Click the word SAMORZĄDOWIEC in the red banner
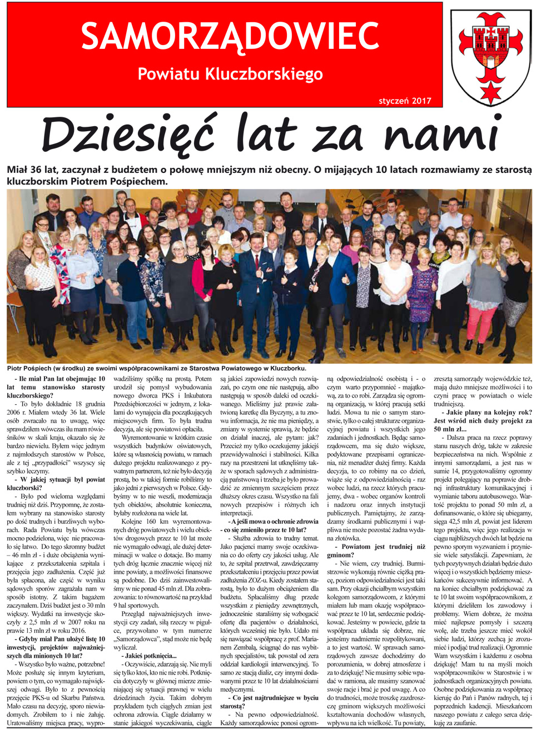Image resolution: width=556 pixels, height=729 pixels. click(230, 37)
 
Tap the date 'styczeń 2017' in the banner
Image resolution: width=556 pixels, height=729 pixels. click(405, 101)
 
